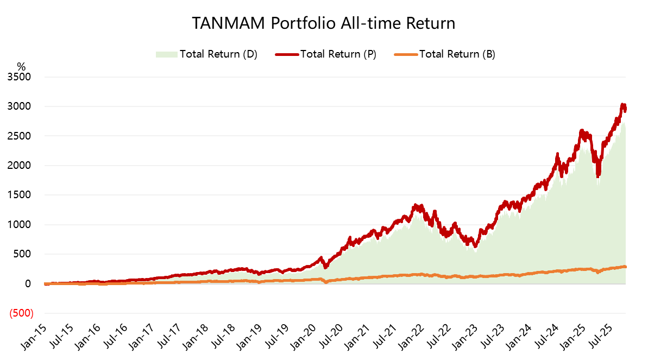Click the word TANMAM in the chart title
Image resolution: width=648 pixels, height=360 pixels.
click(228, 24)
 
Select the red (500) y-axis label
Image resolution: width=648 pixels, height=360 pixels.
click(21, 313)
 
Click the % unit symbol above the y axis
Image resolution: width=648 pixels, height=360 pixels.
click(21, 66)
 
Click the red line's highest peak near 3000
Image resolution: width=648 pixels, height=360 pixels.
click(622, 105)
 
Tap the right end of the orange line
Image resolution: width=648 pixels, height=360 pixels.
click(625, 267)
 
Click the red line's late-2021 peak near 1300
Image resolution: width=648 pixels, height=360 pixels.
click(416, 206)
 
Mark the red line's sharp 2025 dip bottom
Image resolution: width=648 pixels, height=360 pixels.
click(598, 175)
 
